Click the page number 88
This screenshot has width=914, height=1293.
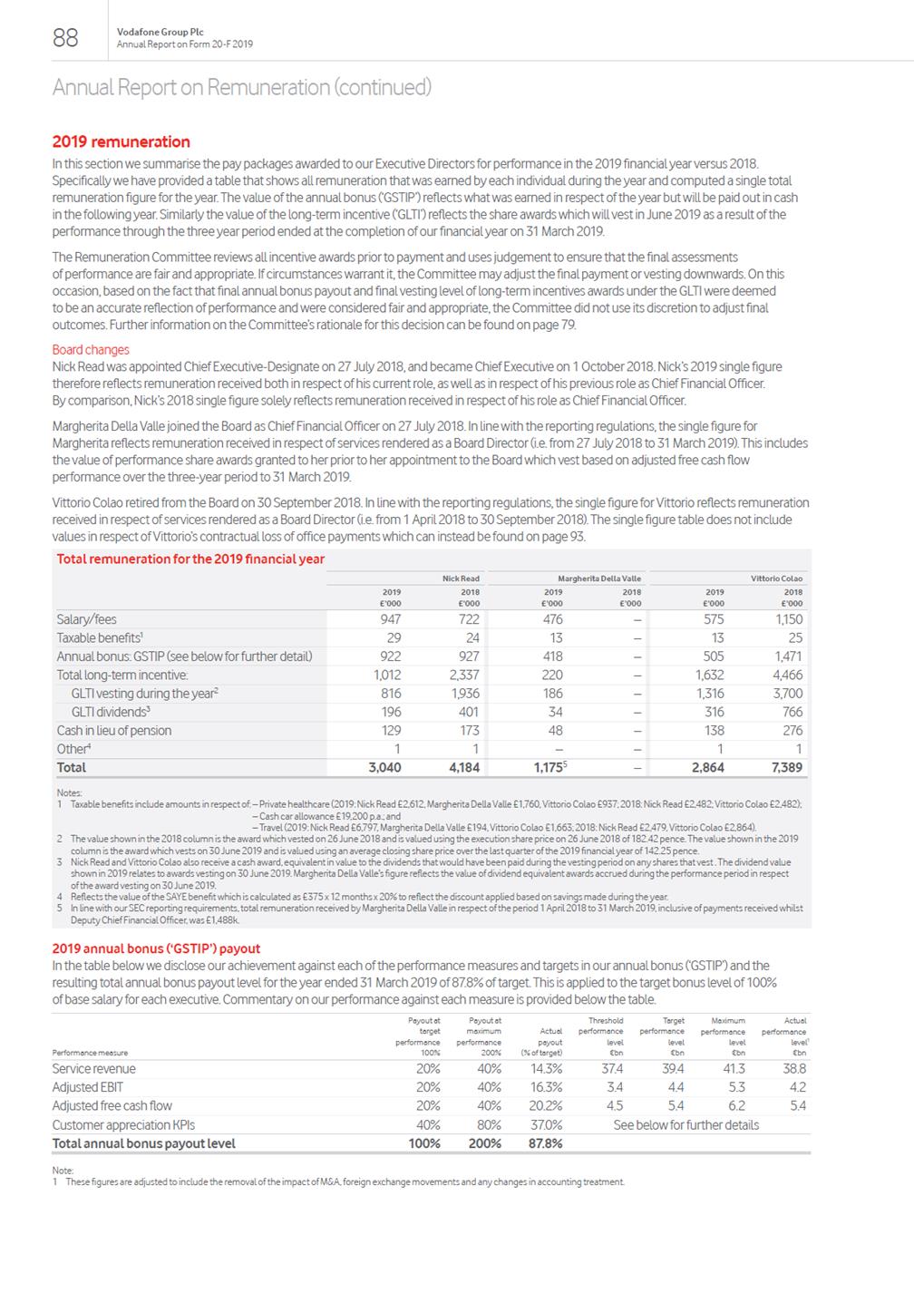coord(65,37)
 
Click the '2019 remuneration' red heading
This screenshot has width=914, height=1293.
coord(121,141)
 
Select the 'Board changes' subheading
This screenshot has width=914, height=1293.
coord(91,350)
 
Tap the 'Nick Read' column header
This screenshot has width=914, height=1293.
coord(461,578)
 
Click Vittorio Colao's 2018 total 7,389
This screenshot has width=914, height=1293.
coord(785,767)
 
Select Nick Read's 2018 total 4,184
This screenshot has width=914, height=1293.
coord(464,767)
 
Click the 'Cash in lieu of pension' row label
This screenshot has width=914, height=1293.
coord(113,730)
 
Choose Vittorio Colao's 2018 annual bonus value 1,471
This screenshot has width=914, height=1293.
coord(787,656)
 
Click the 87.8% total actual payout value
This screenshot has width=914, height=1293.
coord(545,1143)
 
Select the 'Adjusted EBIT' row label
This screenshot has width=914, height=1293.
coord(87,1087)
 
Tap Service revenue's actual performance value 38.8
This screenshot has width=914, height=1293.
coord(793,1068)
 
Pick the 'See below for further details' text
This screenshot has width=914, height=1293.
coord(685,1124)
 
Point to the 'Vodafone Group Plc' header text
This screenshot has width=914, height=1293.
coord(152,32)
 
